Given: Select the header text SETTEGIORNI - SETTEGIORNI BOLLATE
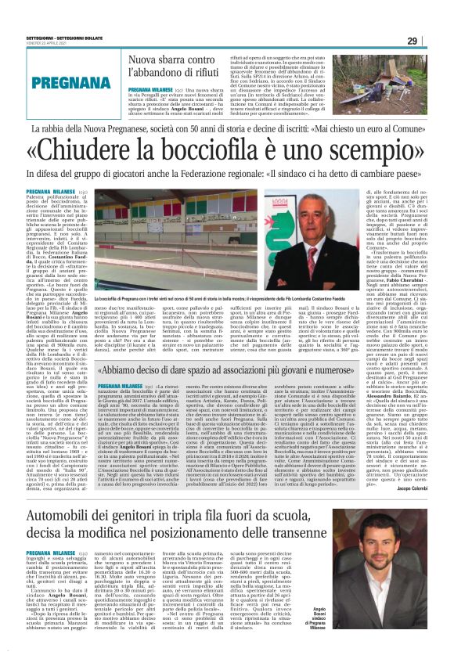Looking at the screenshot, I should [x=62, y=34].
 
